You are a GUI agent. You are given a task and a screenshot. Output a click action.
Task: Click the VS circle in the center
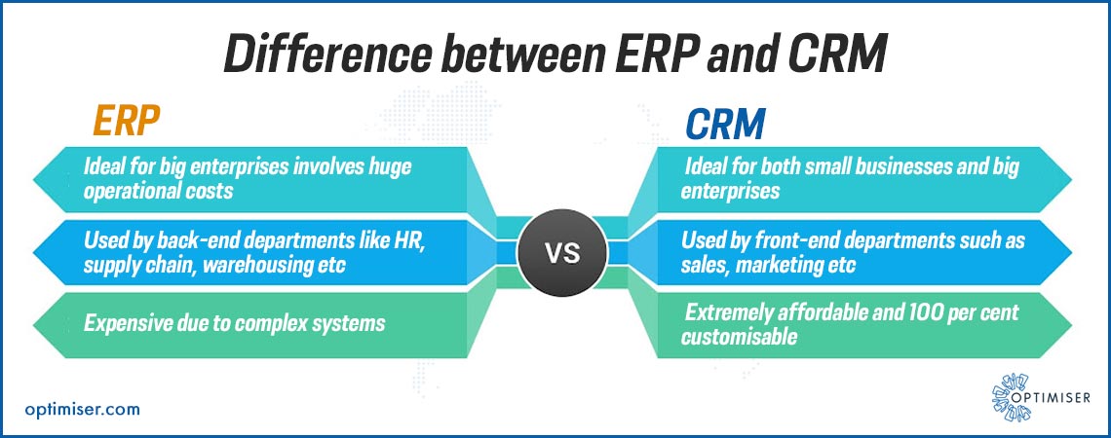click(x=562, y=253)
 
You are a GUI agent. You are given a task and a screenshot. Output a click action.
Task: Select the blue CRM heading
click(x=725, y=125)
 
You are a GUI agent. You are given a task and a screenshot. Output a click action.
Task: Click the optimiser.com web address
click(x=82, y=409)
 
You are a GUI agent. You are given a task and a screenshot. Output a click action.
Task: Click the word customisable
click(x=739, y=337)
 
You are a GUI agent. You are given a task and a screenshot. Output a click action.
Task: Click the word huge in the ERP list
click(x=390, y=168)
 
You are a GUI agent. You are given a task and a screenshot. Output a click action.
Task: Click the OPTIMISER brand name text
click(x=1052, y=398)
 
